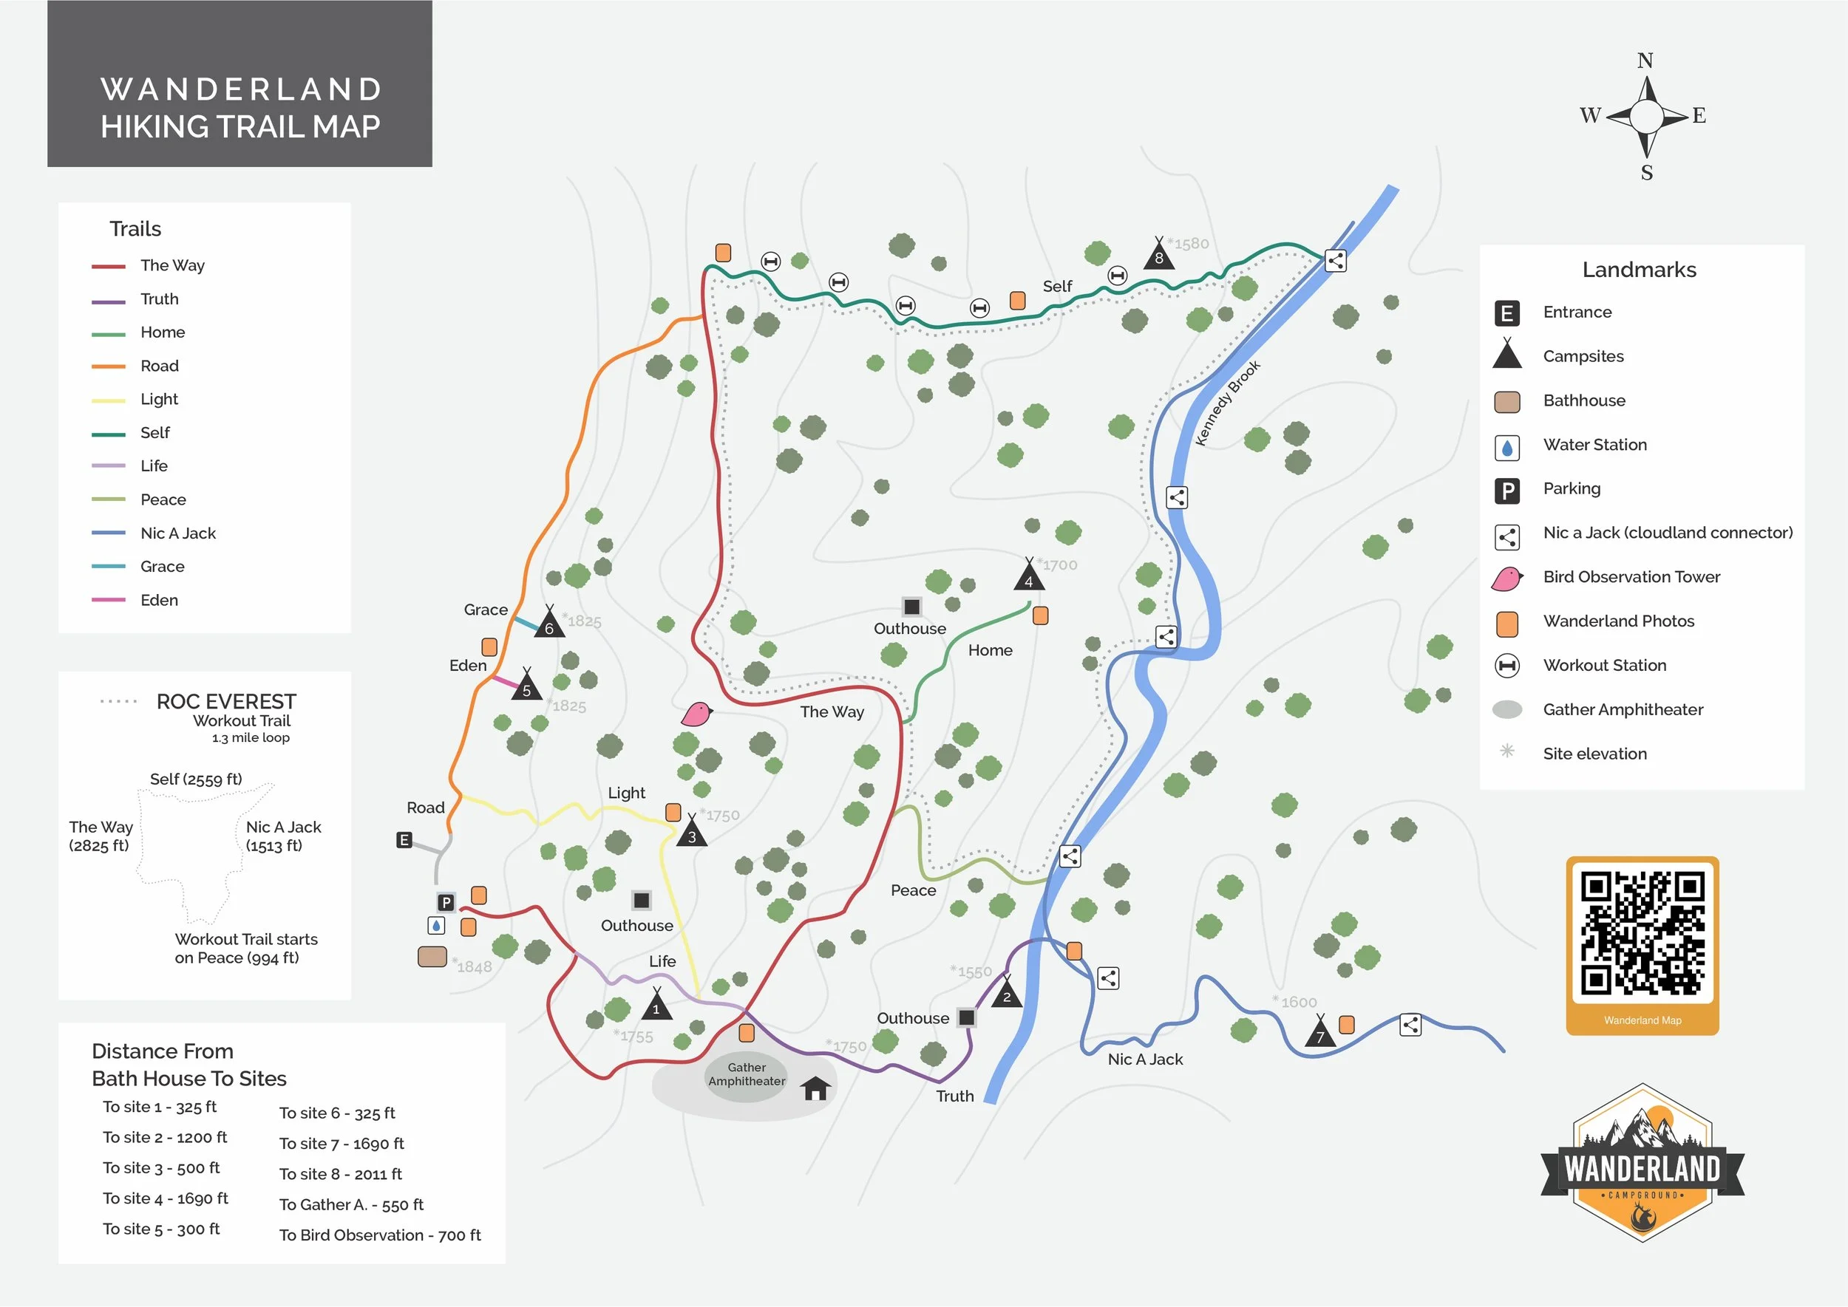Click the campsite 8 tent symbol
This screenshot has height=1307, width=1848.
point(1159,254)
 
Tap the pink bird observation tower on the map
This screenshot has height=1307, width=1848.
point(696,714)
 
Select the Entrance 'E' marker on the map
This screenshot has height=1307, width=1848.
point(404,840)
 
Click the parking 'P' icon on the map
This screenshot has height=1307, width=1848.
point(445,902)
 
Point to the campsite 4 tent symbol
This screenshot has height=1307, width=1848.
point(1028,576)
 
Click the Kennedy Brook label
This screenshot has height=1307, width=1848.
point(1227,403)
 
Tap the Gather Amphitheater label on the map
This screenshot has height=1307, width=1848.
point(747,1074)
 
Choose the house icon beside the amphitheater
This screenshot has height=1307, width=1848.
point(815,1088)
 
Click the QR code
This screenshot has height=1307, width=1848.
point(1643,935)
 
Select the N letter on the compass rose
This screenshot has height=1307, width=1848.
point(1645,61)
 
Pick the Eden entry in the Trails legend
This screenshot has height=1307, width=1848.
point(159,601)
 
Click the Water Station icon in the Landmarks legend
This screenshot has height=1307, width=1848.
point(1506,448)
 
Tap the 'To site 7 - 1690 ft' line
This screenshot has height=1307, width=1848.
point(342,1144)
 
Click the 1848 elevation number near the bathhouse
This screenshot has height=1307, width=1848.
point(475,967)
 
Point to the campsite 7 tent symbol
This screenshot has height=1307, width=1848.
point(1319,1033)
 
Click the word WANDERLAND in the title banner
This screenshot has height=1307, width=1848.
point(241,89)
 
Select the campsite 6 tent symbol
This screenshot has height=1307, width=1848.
point(549,624)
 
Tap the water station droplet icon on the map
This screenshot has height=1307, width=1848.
point(435,926)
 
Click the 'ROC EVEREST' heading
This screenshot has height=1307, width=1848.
point(226,702)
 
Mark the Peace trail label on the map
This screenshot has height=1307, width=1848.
point(913,890)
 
